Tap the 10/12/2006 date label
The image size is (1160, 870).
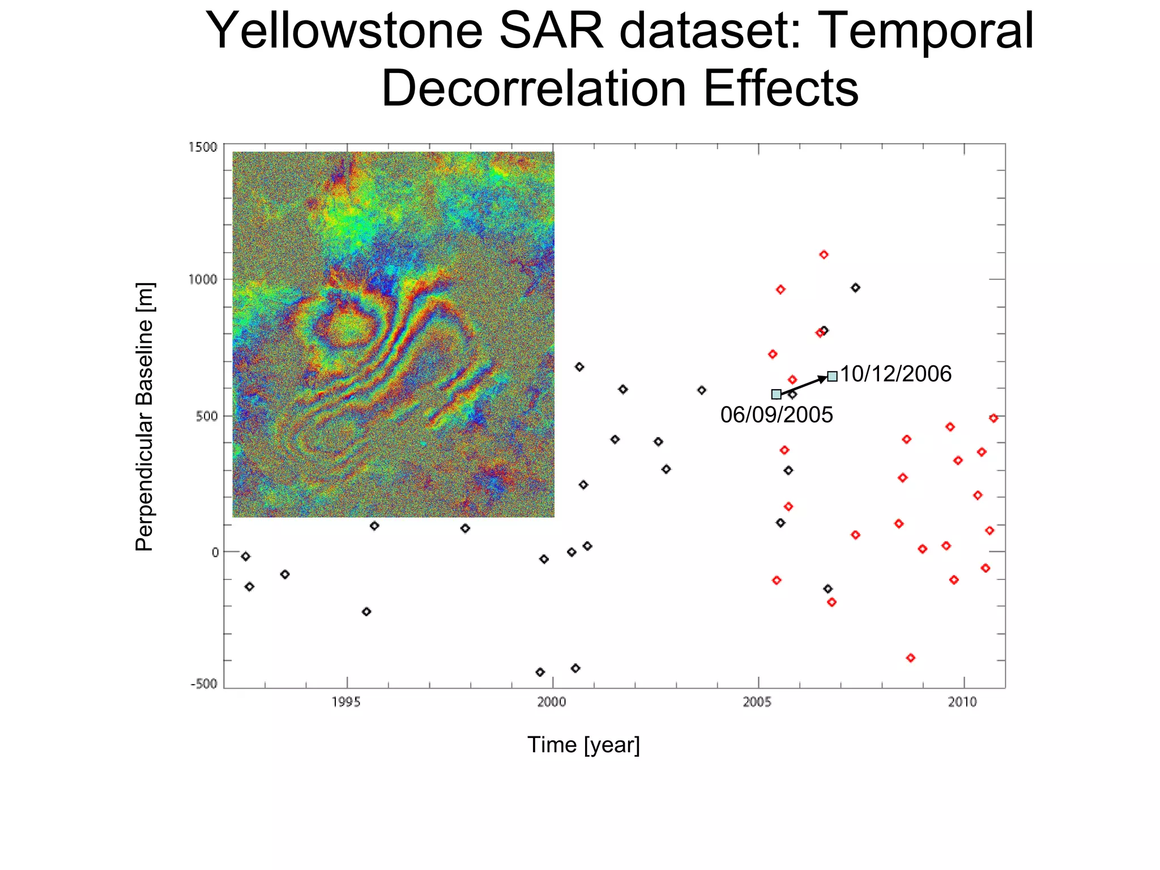pyautogui.click(x=895, y=374)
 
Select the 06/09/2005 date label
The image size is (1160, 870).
pyautogui.click(x=777, y=415)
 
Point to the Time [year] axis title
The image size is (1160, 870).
pyautogui.click(x=583, y=745)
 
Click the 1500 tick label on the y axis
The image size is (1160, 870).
pyautogui.click(x=203, y=147)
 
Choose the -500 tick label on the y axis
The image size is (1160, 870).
pyautogui.click(x=204, y=684)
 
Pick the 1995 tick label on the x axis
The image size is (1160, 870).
pyautogui.click(x=346, y=702)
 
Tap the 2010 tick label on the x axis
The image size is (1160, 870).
pyautogui.click(x=963, y=702)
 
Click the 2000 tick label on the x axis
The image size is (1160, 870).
pyautogui.click(x=552, y=702)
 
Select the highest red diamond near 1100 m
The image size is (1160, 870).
pyautogui.click(x=824, y=255)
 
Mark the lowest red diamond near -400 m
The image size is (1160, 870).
pyautogui.click(x=910, y=658)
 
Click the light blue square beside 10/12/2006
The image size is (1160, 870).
pyautogui.click(x=832, y=376)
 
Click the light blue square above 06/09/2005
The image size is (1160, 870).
pyautogui.click(x=776, y=394)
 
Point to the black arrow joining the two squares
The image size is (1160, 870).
pyautogui.click(x=804, y=385)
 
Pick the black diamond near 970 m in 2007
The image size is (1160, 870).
pyautogui.click(x=855, y=288)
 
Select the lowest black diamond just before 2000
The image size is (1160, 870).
pyautogui.click(x=540, y=672)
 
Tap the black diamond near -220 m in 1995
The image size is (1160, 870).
pyautogui.click(x=366, y=612)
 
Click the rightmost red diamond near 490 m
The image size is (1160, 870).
pyautogui.click(x=993, y=418)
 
